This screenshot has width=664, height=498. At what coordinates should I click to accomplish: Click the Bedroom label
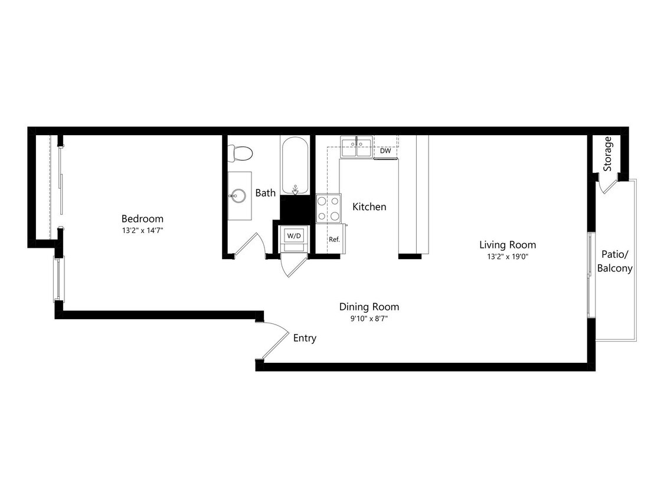(x=142, y=219)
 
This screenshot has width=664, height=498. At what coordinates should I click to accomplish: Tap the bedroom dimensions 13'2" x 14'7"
(x=142, y=231)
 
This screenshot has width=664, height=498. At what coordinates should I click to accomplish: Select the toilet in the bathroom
(x=241, y=152)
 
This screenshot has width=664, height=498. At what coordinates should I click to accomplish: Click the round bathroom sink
(x=239, y=195)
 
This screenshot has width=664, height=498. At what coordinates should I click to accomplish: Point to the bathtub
(x=295, y=165)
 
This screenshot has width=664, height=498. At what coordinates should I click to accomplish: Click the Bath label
(x=265, y=193)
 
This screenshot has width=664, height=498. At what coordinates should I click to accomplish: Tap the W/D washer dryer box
(x=294, y=236)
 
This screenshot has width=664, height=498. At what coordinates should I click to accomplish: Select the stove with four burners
(x=329, y=208)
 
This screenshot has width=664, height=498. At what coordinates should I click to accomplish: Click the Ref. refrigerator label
(x=335, y=240)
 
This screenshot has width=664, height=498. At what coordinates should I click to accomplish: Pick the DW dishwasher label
(x=385, y=151)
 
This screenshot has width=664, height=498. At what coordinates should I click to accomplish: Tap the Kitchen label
(x=369, y=207)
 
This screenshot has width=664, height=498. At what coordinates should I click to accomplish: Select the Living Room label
(x=508, y=245)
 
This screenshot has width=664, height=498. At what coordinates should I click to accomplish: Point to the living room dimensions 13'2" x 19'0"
(x=508, y=257)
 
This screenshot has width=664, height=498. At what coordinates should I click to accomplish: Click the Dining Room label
(x=369, y=307)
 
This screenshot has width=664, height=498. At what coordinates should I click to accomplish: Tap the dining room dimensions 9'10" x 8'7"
(x=369, y=319)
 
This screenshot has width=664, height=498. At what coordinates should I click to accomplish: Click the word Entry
(x=305, y=338)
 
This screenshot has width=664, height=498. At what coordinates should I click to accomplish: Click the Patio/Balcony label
(x=614, y=261)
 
